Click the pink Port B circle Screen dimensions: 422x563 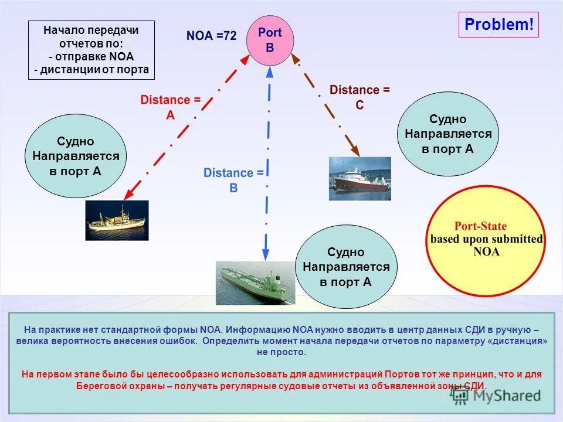(x=270, y=40)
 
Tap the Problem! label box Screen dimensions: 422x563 (x=498, y=25)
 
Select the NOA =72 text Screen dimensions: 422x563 (x=211, y=36)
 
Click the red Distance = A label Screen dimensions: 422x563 (x=169, y=107)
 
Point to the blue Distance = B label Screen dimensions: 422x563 (x=233, y=180)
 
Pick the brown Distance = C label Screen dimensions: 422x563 (x=359, y=97)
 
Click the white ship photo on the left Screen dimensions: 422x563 (x=117, y=220)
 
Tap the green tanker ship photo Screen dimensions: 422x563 (x=255, y=283)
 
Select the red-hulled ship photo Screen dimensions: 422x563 (x=359, y=178)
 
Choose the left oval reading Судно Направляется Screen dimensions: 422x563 (x=76, y=156)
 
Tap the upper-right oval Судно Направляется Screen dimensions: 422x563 (x=448, y=134)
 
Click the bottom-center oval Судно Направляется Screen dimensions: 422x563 (x=346, y=267)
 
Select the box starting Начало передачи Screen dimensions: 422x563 (x=91, y=50)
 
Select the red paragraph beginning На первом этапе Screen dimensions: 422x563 (x=281, y=379)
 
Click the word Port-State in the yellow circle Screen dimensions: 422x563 (x=480, y=226)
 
